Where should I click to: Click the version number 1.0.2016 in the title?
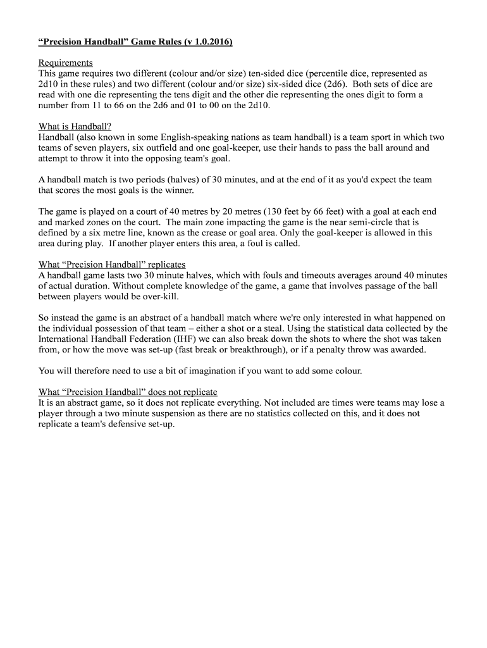[x=208, y=42]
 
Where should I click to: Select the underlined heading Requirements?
[x=66, y=63]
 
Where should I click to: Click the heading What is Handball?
[x=75, y=126]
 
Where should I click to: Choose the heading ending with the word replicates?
[x=112, y=265]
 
